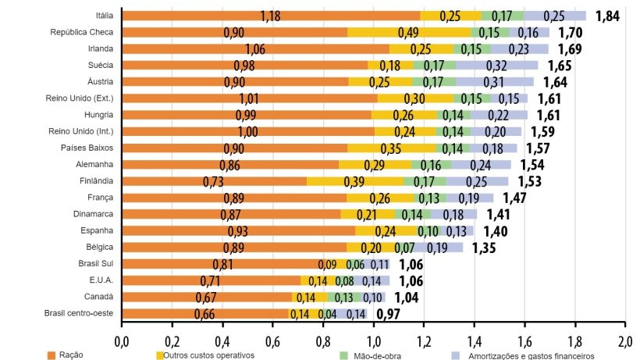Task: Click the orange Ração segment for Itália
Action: [271, 16]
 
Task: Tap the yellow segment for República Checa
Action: [408, 33]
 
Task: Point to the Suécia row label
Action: [98, 65]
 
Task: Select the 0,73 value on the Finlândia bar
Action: [213, 181]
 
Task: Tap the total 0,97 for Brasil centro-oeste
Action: [389, 314]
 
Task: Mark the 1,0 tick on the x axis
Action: [374, 341]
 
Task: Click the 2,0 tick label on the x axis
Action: [625, 341]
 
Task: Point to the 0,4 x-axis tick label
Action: [222, 341]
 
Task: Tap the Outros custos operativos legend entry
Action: [204, 355]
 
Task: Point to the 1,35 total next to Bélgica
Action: [484, 248]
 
